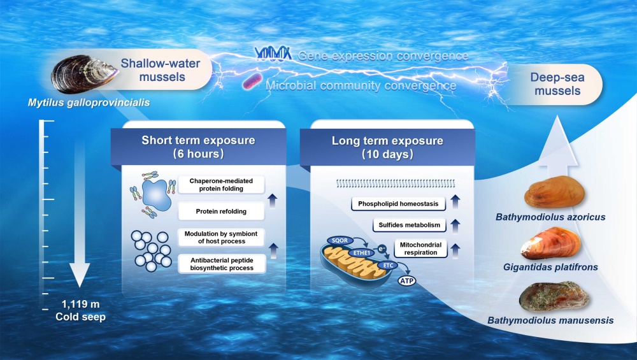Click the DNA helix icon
[x=273, y=54]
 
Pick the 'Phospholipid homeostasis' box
[x=396, y=204]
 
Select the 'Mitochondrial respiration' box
[x=420, y=248]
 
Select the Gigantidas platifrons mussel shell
[x=551, y=243]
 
